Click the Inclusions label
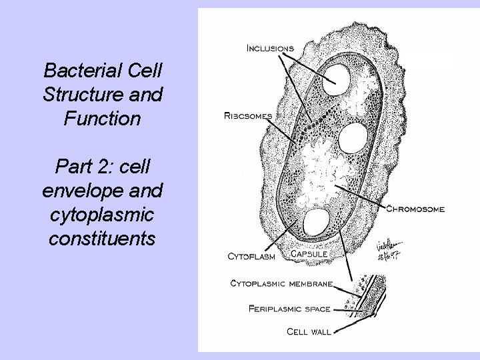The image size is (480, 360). click(x=271, y=48)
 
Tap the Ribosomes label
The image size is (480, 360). click(x=247, y=115)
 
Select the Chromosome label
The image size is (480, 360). click(x=415, y=209)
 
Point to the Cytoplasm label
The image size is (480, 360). click(x=253, y=255)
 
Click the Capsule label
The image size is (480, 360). click(x=309, y=254)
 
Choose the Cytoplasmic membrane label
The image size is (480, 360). click(x=281, y=283)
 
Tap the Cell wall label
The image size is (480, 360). click(x=309, y=331)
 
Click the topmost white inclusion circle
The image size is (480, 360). click(x=337, y=79)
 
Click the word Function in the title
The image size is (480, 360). click(x=102, y=119)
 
